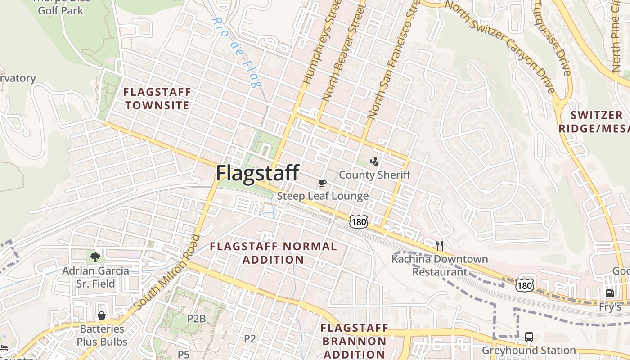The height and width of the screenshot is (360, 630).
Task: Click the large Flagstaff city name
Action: point(257,173)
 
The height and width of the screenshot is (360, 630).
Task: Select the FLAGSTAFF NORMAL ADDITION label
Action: point(273,253)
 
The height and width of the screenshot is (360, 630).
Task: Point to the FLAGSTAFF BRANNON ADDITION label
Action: point(354,341)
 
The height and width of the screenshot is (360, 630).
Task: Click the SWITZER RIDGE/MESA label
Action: point(594,121)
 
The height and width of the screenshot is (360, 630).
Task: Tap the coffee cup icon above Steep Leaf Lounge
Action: point(322,183)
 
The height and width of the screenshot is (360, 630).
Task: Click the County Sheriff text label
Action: point(374,175)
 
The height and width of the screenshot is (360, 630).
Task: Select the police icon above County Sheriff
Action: point(374,161)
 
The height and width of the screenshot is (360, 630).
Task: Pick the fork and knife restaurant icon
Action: point(440,245)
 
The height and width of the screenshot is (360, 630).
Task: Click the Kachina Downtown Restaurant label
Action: point(440,265)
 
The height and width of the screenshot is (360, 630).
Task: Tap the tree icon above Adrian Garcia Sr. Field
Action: point(95,257)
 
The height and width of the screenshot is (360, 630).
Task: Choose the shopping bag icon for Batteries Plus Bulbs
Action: point(102,315)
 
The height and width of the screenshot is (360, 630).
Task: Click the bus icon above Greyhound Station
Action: point(529,337)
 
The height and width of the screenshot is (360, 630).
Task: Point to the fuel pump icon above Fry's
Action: point(610,293)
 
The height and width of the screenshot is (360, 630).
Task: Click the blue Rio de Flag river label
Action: point(238,52)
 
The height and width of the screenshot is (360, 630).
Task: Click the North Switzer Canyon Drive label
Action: point(502,45)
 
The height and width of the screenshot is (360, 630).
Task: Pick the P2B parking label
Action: point(196,319)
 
